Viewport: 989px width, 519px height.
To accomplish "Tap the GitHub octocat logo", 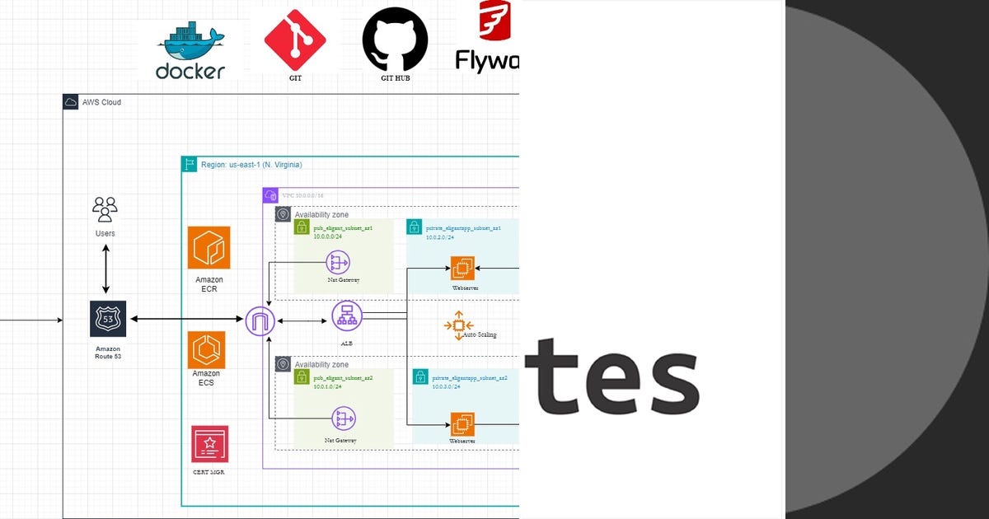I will (396, 40).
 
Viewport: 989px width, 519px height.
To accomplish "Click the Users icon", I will (105, 209).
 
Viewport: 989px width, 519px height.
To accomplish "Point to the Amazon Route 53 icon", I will (108, 319).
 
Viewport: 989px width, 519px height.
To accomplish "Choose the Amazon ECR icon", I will (209, 248).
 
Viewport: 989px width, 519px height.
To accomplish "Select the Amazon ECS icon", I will (206, 350).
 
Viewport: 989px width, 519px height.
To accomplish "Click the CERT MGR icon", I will (209, 445).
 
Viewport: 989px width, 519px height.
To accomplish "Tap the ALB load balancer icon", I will (347, 316).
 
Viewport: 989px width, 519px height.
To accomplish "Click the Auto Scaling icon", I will (458, 325).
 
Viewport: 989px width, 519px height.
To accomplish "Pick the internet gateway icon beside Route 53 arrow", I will (260, 320).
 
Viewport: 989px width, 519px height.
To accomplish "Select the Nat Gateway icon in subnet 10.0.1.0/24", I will (343, 418).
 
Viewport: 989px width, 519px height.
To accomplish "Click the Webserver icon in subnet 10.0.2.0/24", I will (463, 268).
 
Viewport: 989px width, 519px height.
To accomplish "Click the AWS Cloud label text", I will (101, 102).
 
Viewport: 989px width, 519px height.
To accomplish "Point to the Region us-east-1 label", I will (251, 165).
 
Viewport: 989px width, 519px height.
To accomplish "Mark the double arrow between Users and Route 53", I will (105, 269).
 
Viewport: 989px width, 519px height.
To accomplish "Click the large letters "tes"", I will (612, 376).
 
